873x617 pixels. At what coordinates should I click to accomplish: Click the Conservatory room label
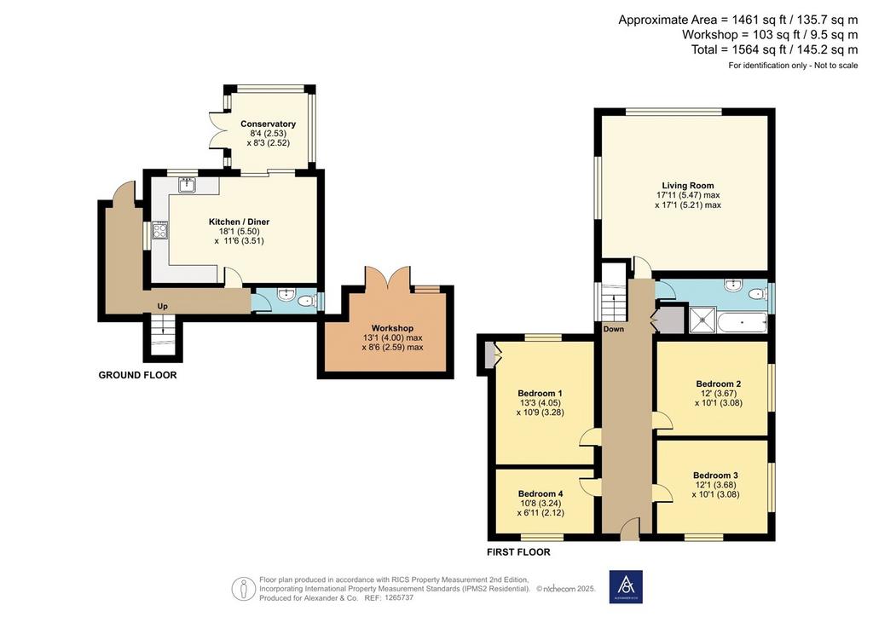point(268,124)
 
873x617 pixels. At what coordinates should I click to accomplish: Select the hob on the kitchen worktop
point(160,230)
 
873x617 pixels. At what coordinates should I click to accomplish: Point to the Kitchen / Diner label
point(239,222)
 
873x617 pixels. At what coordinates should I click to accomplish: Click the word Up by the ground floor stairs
point(163,307)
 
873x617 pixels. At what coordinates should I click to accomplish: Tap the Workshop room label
point(392,328)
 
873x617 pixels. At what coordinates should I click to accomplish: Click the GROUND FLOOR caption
point(137,375)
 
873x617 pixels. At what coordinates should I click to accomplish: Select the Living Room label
point(688,185)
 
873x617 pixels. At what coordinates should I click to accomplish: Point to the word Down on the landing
point(614,329)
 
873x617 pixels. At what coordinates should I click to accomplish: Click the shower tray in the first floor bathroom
point(703,320)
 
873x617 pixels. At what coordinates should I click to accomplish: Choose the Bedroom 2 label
point(718,383)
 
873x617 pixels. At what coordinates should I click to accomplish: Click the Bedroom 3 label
point(715,476)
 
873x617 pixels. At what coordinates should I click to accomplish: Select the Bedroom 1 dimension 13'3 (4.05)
point(540,403)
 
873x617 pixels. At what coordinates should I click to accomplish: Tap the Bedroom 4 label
point(540,493)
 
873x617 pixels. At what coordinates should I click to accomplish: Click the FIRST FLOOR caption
point(518,552)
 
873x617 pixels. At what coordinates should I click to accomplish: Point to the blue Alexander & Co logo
point(626,586)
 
